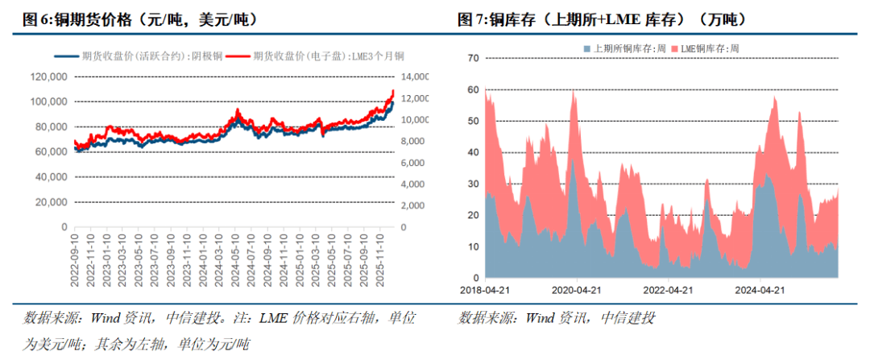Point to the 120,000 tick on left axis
tap(49, 77)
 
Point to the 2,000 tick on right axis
tap(416, 206)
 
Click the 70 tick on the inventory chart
tap(473, 58)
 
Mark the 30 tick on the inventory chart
tap(473, 184)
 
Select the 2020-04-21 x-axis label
tap(578, 289)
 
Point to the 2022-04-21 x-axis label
tap(669, 289)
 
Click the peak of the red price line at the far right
tap(393, 91)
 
